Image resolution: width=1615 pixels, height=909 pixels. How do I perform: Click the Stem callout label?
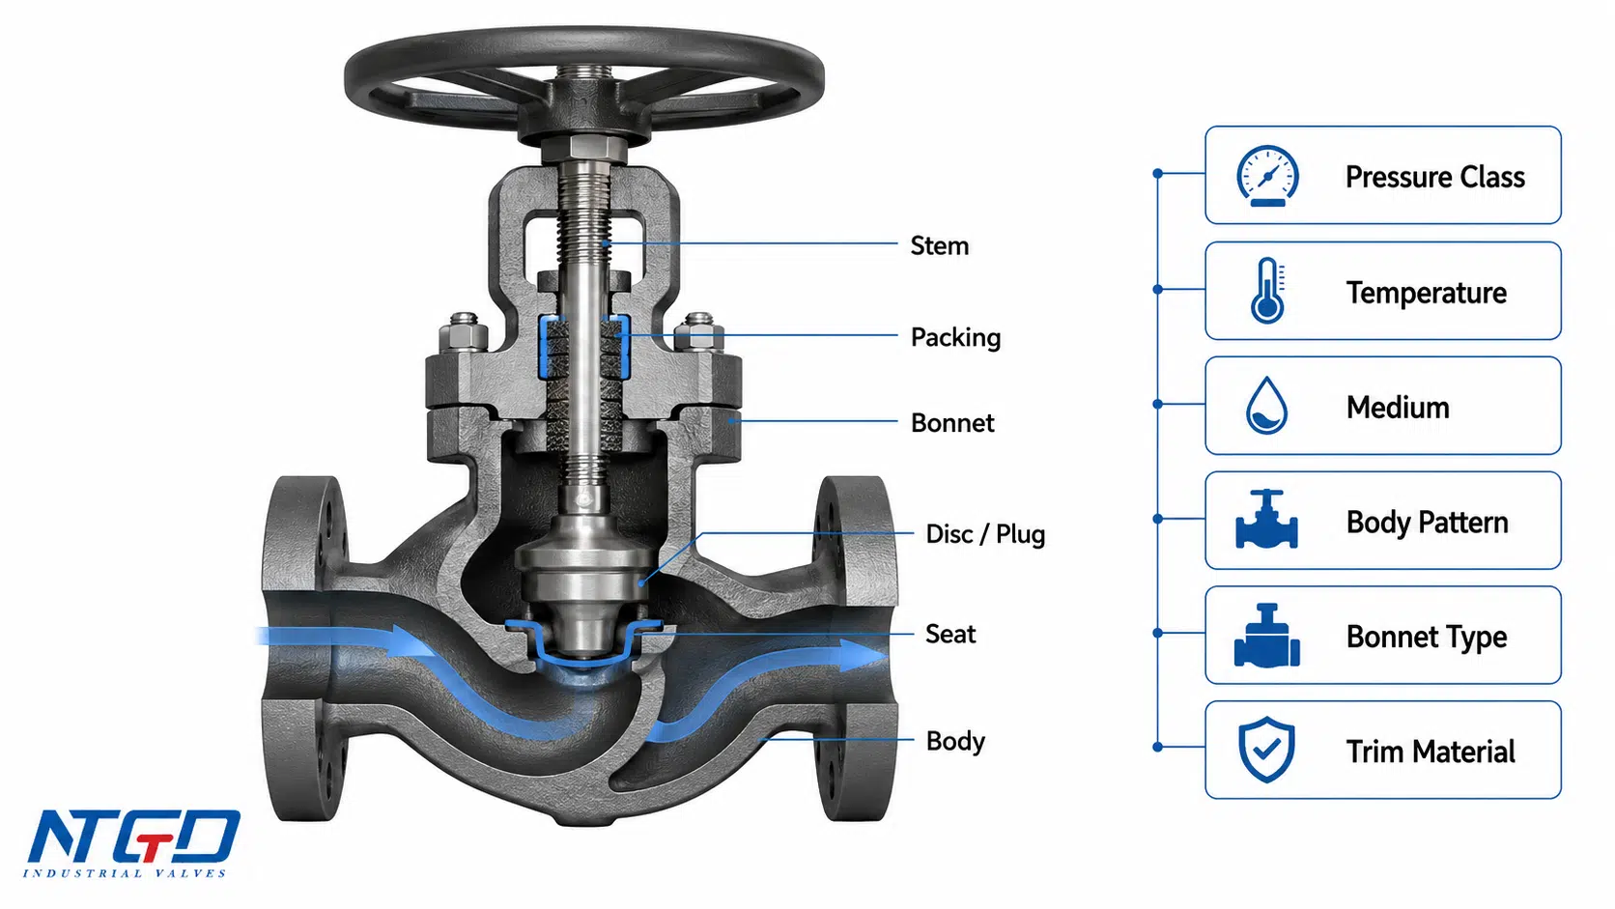click(939, 245)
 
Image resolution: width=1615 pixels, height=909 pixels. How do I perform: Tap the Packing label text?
click(955, 337)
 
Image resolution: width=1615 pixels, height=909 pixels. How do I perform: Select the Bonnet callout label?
click(952, 422)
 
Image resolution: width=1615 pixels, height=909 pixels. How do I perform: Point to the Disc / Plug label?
click(985, 534)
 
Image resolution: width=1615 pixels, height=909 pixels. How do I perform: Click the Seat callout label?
click(950, 634)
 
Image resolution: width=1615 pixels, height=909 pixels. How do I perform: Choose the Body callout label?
click(955, 741)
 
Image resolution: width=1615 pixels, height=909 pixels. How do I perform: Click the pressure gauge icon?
click(1267, 176)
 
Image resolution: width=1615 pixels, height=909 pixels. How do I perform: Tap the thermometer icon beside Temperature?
click(1267, 290)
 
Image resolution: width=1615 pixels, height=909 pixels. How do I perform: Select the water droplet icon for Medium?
click(1266, 405)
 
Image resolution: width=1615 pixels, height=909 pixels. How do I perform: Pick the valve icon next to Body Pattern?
click(1266, 519)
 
